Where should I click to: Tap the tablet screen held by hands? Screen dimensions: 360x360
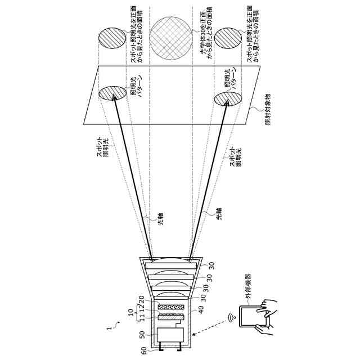point(253,317)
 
